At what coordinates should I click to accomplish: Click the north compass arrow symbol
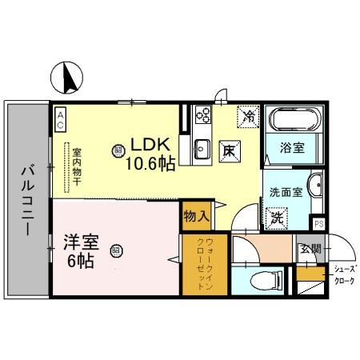pyautogui.click(x=66, y=77)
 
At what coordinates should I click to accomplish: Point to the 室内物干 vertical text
pyautogui.click(x=77, y=164)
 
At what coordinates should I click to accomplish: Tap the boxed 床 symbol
pyautogui.click(x=228, y=150)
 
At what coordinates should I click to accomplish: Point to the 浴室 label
pyautogui.click(x=293, y=149)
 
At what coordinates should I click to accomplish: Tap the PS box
pyautogui.click(x=318, y=224)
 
